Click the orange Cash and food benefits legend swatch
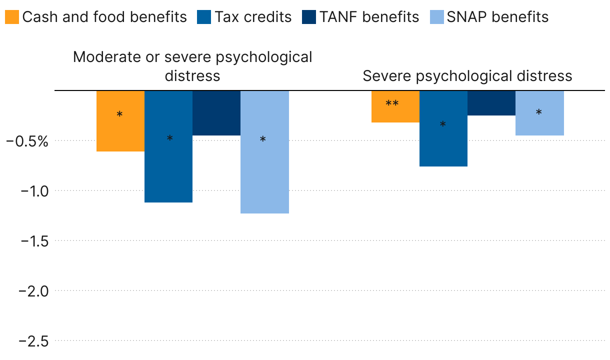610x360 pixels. (12, 17)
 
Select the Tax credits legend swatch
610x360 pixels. (205, 17)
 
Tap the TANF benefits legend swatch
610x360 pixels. (309, 17)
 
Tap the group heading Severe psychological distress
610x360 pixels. (467, 76)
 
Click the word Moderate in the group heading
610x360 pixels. (100, 57)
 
